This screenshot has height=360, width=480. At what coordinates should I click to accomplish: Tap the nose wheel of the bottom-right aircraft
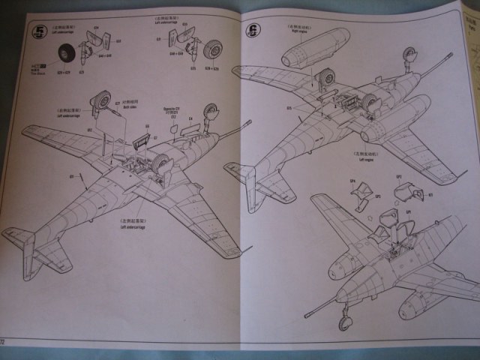[345, 322]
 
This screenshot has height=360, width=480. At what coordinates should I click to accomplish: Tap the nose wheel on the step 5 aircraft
[210, 112]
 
